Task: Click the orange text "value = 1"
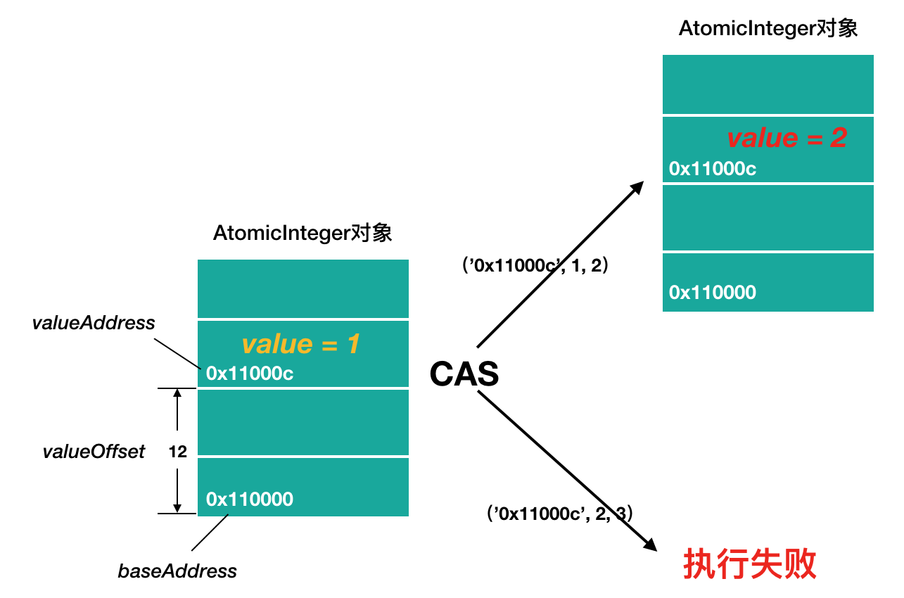300,344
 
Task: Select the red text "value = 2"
787,138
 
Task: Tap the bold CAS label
464,374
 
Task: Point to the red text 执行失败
750,564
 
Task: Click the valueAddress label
94,323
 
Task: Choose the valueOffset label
94,452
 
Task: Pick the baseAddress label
177,571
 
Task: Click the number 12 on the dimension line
178,452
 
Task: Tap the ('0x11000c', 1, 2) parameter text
535,266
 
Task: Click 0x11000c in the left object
250,374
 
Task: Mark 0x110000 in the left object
250,500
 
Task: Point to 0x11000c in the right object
713,169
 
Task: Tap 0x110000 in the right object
713,293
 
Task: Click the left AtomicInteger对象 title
303,233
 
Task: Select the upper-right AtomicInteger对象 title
768,29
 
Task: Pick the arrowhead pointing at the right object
637,187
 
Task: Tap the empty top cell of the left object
303,288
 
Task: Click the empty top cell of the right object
768,84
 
